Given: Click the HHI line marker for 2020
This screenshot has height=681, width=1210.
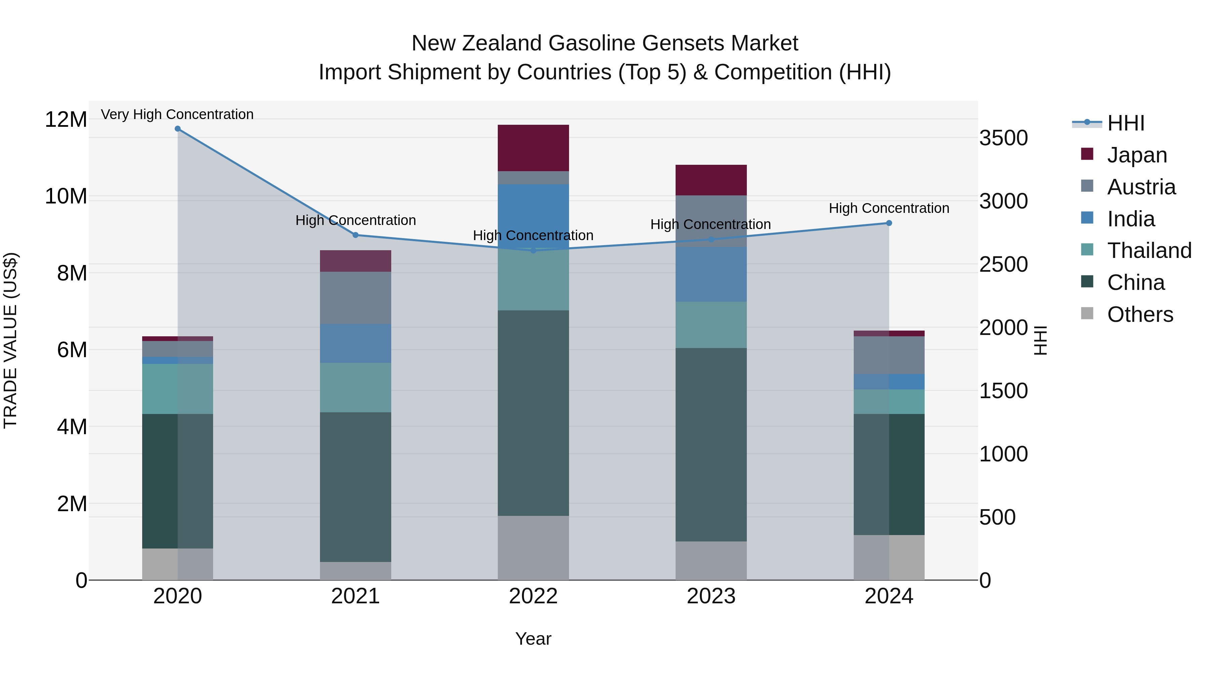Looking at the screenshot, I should tap(177, 129).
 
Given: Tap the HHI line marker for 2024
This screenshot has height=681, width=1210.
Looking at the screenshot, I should tap(889, 223).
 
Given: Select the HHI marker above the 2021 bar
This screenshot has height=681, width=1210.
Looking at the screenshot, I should tap(356, 235).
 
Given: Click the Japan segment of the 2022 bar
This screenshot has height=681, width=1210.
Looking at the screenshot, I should tap(533, 148).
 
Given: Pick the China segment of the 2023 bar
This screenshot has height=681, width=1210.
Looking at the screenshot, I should tap(711, 444).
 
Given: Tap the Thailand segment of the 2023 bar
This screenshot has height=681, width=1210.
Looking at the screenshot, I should tap(711, 325).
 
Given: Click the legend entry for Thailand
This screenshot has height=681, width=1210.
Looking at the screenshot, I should tap(1148, 251).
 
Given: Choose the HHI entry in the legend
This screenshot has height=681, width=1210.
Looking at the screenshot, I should tap(1125, 123).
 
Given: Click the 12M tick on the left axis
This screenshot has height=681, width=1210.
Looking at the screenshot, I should tap(66, 119).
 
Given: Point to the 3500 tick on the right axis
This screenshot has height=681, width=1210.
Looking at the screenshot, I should tap(1003, 138).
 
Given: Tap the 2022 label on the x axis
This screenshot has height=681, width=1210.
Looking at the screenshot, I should tap(533, 596).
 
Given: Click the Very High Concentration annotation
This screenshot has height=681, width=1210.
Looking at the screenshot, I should tap(177, 114).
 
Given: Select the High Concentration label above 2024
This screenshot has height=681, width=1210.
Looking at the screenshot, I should tap(889, 208).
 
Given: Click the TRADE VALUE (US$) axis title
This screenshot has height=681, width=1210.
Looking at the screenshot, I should tap(10, 340).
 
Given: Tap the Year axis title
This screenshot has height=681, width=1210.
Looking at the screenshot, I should tap(533, 639).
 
